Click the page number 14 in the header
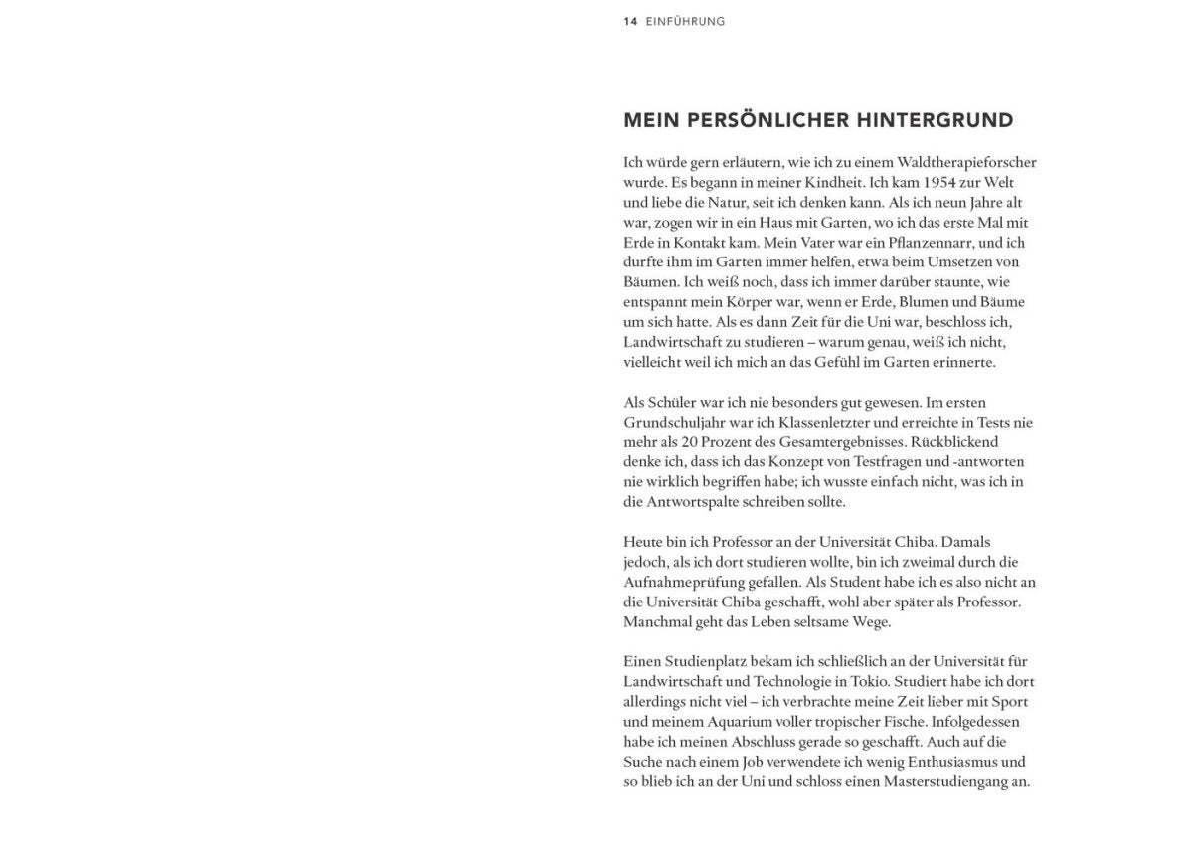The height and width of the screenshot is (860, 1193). [x=630, y=21]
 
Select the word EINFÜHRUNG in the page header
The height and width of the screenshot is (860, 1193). [x=685, y=21]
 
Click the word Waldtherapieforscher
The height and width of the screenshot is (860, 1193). [x=965, y=162]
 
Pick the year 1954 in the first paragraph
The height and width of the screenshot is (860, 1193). [x=944, y=182]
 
